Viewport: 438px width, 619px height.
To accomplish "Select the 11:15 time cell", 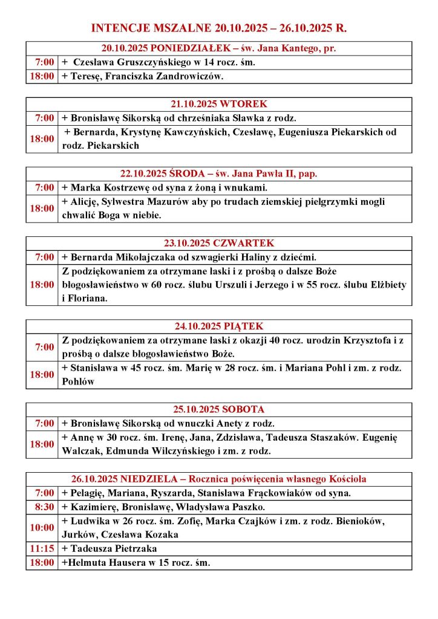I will [x=42, y=549].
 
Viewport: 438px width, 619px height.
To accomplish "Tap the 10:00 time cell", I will [x=42, y=528].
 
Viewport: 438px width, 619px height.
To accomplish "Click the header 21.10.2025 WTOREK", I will [x=218, y=104].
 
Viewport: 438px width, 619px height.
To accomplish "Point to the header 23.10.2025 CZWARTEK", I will [x=218, y=244].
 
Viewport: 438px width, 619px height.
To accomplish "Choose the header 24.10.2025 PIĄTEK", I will [x=218, y=326].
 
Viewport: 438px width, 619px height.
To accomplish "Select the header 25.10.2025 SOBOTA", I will [x=218, y=409].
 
